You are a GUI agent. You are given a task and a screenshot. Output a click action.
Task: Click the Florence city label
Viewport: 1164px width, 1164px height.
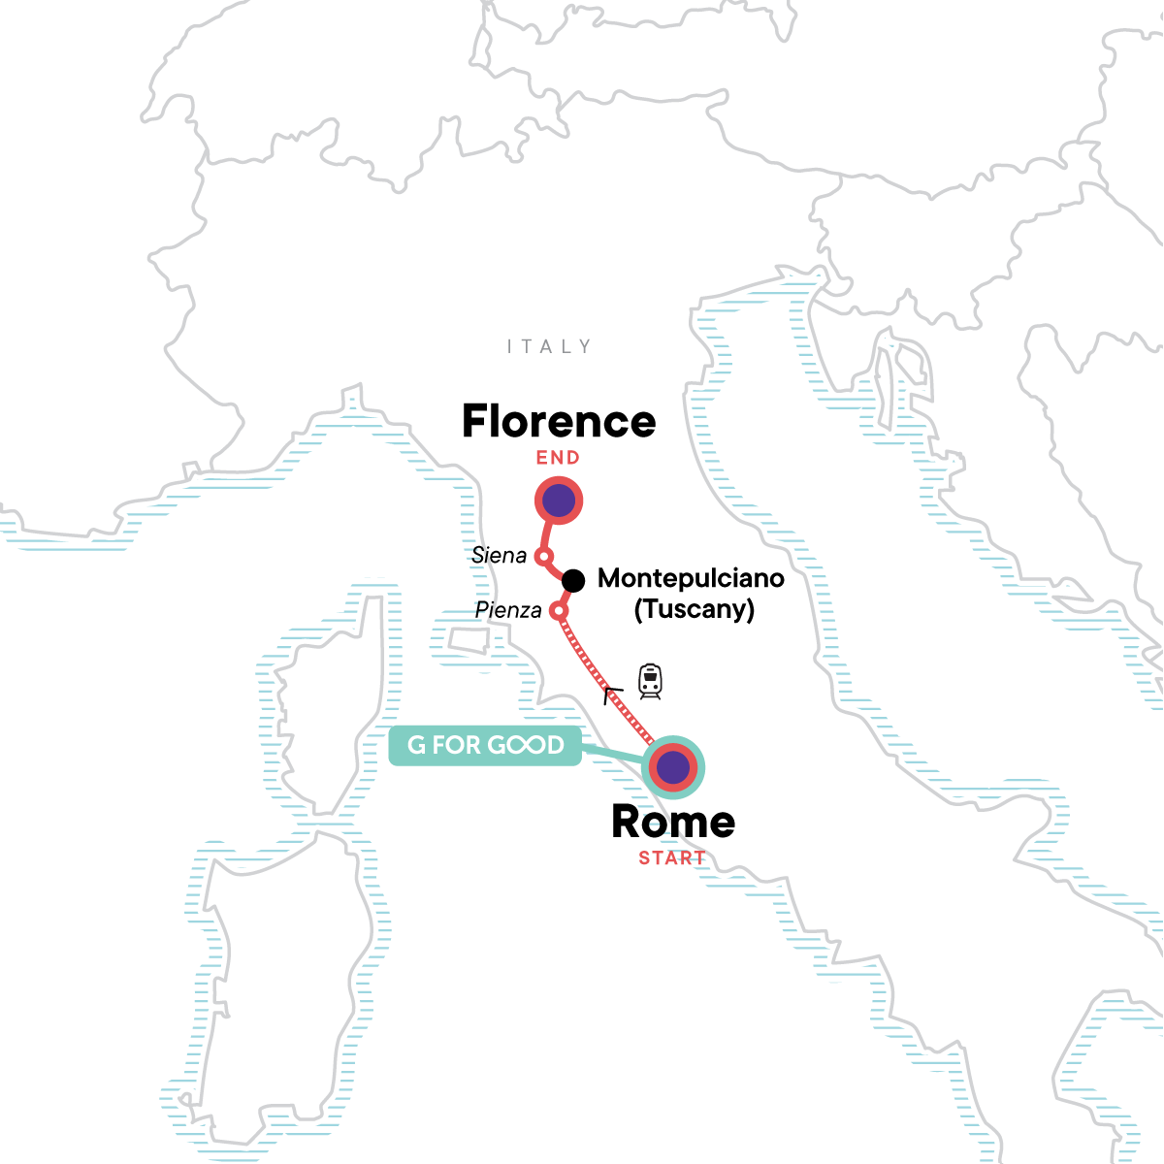[559, 422]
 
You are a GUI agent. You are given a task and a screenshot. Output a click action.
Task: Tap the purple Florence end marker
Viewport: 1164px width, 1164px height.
[559, 501]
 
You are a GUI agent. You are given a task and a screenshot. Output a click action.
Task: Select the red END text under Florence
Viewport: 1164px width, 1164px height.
[558, 458]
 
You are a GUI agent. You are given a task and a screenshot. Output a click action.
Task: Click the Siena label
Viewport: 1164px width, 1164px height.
[499, 556]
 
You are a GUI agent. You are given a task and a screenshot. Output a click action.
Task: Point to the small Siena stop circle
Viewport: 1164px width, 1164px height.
[544, 557]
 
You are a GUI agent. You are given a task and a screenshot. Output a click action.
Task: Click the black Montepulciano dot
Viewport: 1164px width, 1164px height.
[573, 580]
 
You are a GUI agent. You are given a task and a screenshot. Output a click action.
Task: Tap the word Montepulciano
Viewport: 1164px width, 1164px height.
[691, 578]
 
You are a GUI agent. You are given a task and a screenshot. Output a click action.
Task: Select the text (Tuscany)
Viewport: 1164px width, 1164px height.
[694, 609]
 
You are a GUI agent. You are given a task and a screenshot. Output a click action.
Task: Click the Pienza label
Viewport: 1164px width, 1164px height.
[508, 610]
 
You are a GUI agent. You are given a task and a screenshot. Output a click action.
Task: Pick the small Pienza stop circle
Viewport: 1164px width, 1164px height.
[558, 611]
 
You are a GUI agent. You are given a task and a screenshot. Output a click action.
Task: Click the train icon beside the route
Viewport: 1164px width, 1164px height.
[650, 681]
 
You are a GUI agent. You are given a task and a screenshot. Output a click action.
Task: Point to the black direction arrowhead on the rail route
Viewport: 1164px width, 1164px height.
[611, 694]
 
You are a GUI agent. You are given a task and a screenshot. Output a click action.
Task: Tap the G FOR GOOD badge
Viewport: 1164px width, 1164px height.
[485, 745]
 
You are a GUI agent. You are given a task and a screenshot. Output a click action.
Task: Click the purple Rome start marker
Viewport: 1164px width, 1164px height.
[673, 768]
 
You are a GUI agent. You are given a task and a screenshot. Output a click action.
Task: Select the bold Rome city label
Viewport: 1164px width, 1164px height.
[673, 823]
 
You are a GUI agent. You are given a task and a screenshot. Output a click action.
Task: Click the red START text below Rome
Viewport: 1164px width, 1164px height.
[672, 858]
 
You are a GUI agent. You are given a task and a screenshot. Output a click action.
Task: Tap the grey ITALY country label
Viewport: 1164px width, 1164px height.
[549, 346]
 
